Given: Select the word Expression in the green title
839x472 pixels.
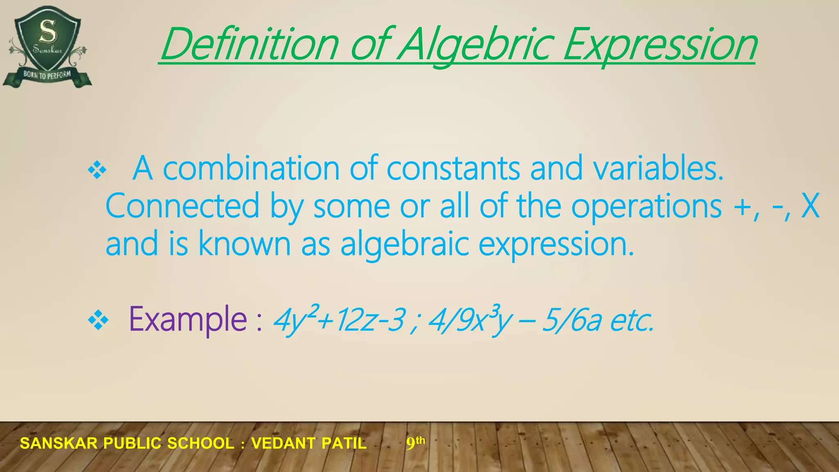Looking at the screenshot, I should point(660,44).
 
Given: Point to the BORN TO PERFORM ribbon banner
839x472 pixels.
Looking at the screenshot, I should point(47,75).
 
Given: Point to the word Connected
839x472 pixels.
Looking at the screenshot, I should point(183,206).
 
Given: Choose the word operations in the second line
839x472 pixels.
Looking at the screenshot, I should point(646,206).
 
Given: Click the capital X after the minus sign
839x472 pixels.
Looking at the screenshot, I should point(810,206).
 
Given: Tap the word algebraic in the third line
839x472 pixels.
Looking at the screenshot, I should point(404,243).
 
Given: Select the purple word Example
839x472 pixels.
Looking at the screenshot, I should point(188,319).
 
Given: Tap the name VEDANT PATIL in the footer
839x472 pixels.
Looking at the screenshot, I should point(309,443).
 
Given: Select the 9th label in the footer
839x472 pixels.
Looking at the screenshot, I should point(415,442).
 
